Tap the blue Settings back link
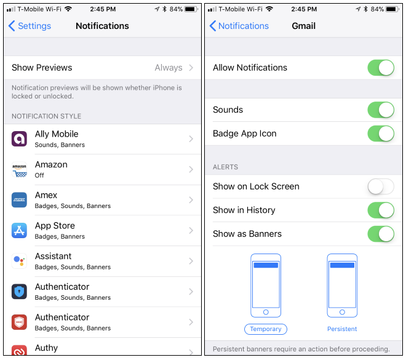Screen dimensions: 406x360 coord(30,26)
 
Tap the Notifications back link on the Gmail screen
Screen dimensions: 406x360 coord(239,26)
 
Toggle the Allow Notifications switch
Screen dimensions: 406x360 coord(381,68)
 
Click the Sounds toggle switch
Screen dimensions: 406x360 coord(381,110)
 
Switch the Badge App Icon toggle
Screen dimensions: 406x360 coord(381,134)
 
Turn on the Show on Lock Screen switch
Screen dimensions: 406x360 coord(381,186)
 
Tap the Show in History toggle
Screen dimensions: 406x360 coord(381,210)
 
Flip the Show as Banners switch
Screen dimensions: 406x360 coord(381,234)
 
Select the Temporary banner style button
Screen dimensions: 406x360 coord(266,329)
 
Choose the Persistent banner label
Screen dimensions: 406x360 coord(342,329)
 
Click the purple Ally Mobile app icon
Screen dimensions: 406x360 coord(19,139)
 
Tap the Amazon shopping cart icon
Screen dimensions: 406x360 coord(19,169)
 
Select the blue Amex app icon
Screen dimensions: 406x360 coord(19,200)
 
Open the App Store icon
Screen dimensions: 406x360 coord(19,231)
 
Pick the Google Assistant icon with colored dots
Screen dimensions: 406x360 coord(19,261)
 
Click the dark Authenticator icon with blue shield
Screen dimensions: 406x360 coord(19,292)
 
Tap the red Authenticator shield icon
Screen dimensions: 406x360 coord(19,322)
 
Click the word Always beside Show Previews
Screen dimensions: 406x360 coord(169,68)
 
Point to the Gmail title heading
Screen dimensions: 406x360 coord(303,26)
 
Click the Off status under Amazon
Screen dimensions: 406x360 coord(39,175)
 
